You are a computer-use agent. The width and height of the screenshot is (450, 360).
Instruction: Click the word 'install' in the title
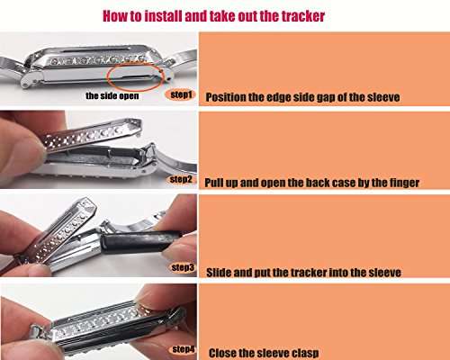[x=163, y=16]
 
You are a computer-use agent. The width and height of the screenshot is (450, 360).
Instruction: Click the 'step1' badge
[x=181, y=94]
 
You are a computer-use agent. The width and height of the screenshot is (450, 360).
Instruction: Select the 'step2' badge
[x=181, y=179]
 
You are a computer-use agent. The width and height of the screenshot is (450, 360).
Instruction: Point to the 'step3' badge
[x=183, y=267]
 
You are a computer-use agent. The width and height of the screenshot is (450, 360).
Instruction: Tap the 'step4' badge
[x=184, y=349]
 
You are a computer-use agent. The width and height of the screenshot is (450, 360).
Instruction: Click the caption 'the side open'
[x=112, y=95]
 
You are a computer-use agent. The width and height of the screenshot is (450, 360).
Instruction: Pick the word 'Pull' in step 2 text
[x=213, y=183]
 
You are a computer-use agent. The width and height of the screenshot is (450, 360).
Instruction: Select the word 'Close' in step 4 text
[x=221, y=353]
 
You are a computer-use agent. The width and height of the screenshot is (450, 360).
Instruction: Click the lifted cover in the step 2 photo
[x=93, y=133]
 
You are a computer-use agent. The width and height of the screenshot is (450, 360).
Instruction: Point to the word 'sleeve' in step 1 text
[x=383, y=97]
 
